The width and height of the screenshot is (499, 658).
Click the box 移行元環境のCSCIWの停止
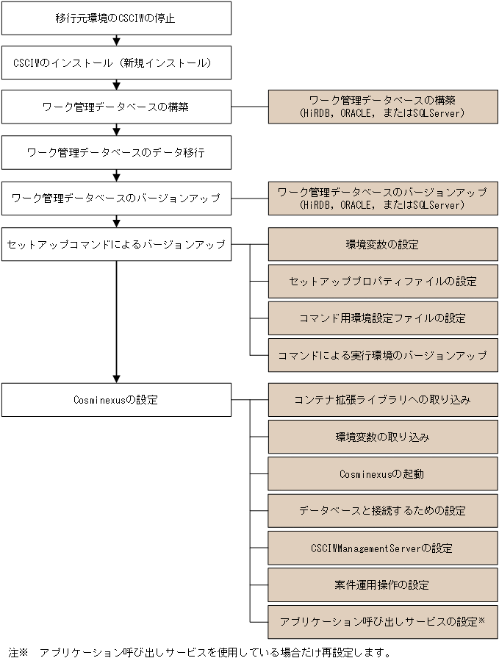[116, 18]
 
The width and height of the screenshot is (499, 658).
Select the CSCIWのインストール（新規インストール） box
[116, 62]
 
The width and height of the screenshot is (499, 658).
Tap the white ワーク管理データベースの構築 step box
[116, 107]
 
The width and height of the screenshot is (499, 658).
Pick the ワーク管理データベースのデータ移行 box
[116, 153]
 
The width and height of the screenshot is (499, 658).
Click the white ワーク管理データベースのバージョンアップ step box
[116, 199]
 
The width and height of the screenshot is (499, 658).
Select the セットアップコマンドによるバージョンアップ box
[116, 244]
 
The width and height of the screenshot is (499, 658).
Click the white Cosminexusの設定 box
[116, 400]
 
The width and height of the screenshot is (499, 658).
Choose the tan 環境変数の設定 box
[382, 244]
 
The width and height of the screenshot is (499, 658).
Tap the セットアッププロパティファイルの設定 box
[382, 281]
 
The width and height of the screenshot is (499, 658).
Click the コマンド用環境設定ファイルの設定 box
[382, 318]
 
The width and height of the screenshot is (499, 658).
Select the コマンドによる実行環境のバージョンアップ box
[382, 355]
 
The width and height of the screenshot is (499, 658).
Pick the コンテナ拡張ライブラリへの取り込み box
[382, 400]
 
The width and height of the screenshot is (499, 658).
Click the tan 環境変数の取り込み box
[382, 437]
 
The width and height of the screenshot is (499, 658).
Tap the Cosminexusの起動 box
[382, 474]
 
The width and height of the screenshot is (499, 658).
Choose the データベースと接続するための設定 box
[382, 510]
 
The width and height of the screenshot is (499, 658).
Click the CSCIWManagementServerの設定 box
[382, 548]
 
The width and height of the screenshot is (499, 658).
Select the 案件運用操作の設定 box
[382, 585]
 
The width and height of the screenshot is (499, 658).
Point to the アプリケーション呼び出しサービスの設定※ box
[382, 622]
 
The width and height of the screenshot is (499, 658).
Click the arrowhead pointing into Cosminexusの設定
[116, 379]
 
